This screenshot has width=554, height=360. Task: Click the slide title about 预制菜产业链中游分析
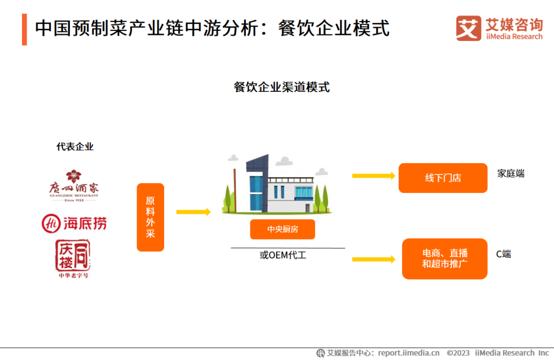pos(212,28)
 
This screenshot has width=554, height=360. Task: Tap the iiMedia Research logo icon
pos(468,28)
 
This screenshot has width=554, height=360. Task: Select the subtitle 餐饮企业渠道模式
pos(282,87)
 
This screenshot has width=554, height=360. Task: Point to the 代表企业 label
pos(75,147)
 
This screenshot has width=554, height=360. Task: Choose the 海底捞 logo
pos(74,223)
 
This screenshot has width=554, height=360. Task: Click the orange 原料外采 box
pos(150,217)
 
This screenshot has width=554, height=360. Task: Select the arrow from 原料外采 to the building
pos(193,212)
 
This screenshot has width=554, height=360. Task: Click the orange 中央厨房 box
pos(282,229)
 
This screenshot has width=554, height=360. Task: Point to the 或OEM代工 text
pos(283,255)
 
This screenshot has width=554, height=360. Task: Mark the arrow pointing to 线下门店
pos(373,176)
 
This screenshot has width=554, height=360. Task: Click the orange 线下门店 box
pos(443,178)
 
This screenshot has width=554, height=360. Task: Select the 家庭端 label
pos(510,173)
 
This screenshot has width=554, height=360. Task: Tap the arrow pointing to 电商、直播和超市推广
pos(373,259)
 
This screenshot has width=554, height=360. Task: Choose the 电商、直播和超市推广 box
pos(444,258)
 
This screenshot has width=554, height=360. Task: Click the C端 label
pos(503,254)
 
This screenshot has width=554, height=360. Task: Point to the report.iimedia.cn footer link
pos(408,353)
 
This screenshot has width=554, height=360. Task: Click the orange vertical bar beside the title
pos(24,29)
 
